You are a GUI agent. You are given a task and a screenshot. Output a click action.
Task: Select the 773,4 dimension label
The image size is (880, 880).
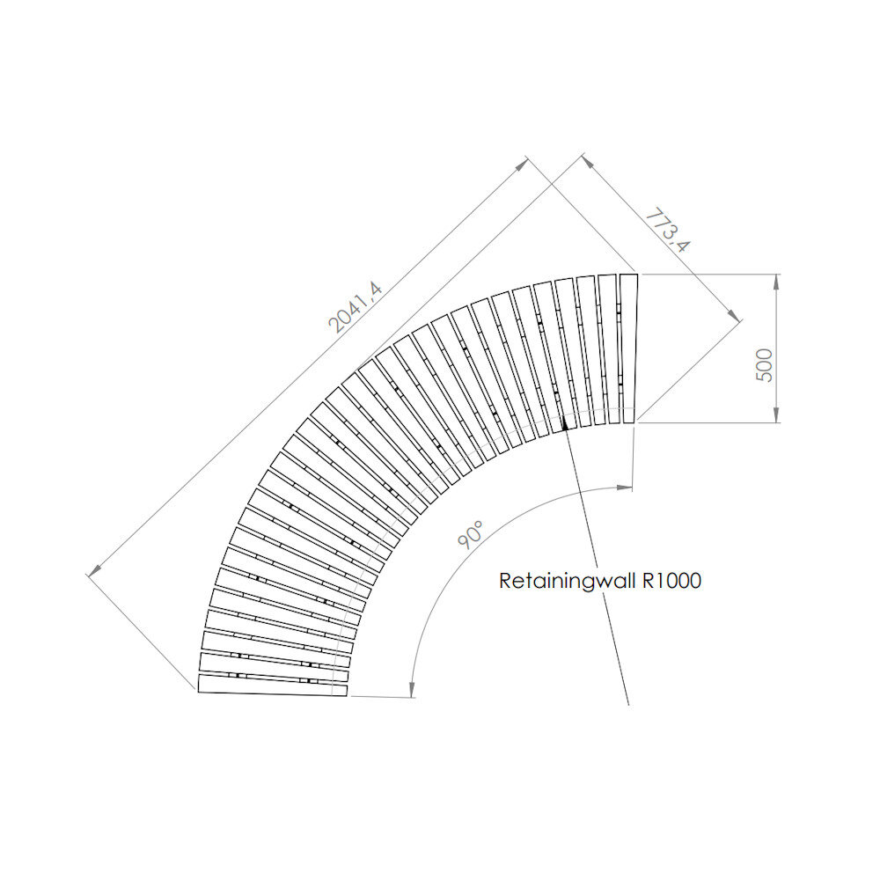[667, 231]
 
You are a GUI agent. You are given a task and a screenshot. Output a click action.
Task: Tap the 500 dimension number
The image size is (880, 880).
[764, 364]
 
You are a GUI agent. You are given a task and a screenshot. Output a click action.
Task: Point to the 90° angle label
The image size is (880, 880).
[472, 534]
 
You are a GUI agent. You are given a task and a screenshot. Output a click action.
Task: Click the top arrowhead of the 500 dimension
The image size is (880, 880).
[776, 281]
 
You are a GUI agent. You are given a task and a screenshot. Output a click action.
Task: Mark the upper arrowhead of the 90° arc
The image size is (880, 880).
[627, 487]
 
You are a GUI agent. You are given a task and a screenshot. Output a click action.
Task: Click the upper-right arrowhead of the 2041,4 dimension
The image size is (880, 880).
[523, 163]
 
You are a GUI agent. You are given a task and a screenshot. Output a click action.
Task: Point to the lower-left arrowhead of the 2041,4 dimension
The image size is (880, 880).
[93, 571]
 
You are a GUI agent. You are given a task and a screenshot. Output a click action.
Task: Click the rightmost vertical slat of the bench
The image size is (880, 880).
[628, 349]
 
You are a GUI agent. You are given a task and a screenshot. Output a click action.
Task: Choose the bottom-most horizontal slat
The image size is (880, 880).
[273, 685]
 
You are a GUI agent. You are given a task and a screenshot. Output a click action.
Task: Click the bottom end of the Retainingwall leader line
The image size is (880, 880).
[628, 705]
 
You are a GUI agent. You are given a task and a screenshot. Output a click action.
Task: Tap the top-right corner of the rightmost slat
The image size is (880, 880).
[637, 275]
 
